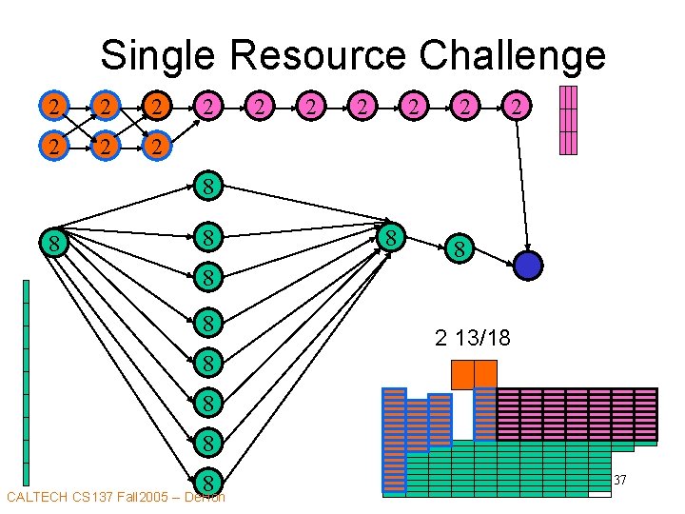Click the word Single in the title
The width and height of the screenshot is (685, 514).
159,55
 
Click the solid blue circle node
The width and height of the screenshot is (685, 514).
527,266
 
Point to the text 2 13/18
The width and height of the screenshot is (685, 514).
473,337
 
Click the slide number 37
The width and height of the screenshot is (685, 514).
619,481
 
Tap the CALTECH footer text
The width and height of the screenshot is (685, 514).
114,497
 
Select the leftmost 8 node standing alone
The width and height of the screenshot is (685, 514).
56,245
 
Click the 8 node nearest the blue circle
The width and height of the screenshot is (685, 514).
459,249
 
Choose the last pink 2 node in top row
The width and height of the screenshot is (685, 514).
515,107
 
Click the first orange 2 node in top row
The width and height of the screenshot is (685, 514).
56,107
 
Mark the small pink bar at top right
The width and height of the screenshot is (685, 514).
568,120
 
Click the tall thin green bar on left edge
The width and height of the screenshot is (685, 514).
27,381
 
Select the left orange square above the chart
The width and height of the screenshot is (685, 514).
461,374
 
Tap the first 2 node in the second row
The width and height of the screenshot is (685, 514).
56,148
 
